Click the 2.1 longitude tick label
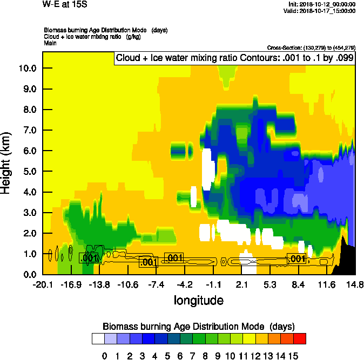pyautogui.click(x=241, y=284)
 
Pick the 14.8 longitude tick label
pyautogui.click(x=355, y=284)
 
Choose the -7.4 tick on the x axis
pyautogui.click(x=156, y=284)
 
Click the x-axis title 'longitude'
pyautogui.click(x=198, y=300)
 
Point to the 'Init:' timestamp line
pyautogui.click(x=322, y=4)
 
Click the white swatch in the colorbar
pyautogui.click(x=98, y=338)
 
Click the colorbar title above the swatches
pyautogui.click(x=198, y=327)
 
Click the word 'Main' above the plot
pyautogui.click(x=51, y=42)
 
